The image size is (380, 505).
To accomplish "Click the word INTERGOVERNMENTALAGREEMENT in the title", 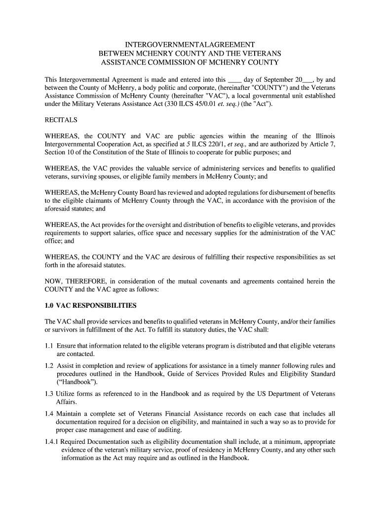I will [x=190, y=44].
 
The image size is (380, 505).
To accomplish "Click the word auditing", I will [x=169, y=430].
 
